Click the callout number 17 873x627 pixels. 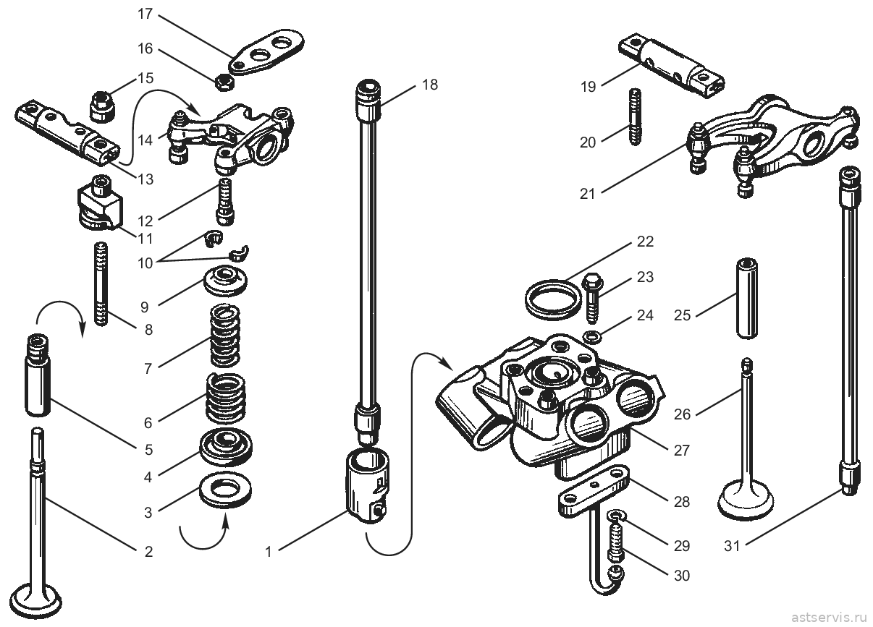(x=145, y=14)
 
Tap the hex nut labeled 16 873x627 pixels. (x=224, y=82)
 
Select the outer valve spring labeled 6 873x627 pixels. (x=225, y=398)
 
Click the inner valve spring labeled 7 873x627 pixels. (x=225, y=336)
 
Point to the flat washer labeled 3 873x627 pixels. (x=225, y=490)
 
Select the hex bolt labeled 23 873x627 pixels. (x=592, y=299)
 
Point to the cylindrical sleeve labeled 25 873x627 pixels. (x=747, y=299)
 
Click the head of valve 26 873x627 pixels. (x=746, y=500)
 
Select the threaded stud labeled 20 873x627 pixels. (x=635, y=116)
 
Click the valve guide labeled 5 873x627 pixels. (x=38, y=375)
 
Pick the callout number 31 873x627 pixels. (x=732, y=546)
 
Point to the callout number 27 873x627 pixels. (x=682, y=451)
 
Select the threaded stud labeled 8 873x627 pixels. (x=101, y=284)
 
